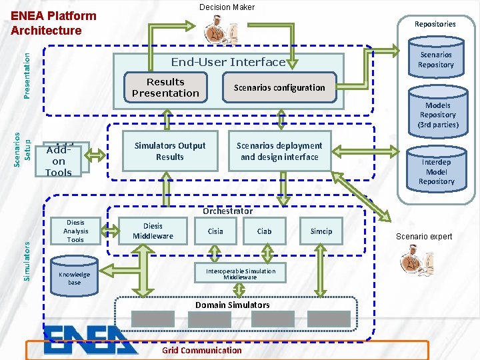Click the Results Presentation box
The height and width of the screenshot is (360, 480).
165,87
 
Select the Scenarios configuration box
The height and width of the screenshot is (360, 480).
279,88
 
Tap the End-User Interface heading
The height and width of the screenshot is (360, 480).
228,62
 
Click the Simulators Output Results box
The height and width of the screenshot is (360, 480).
170,151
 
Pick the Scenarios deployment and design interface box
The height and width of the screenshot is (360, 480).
279,151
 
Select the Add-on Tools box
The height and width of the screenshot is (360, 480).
59,161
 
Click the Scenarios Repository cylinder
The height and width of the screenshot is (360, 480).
435,60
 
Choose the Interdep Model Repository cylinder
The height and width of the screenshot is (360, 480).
436,171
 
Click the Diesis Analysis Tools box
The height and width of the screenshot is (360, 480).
75,231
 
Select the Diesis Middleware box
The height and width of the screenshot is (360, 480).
153,231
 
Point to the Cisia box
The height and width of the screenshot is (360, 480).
215,231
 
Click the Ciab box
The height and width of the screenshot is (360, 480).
265,231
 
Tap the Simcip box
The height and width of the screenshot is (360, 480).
321,231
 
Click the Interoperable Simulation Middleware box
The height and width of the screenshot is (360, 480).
240,274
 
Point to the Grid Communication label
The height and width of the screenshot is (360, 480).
202,350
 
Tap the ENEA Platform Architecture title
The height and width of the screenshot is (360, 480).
54,23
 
